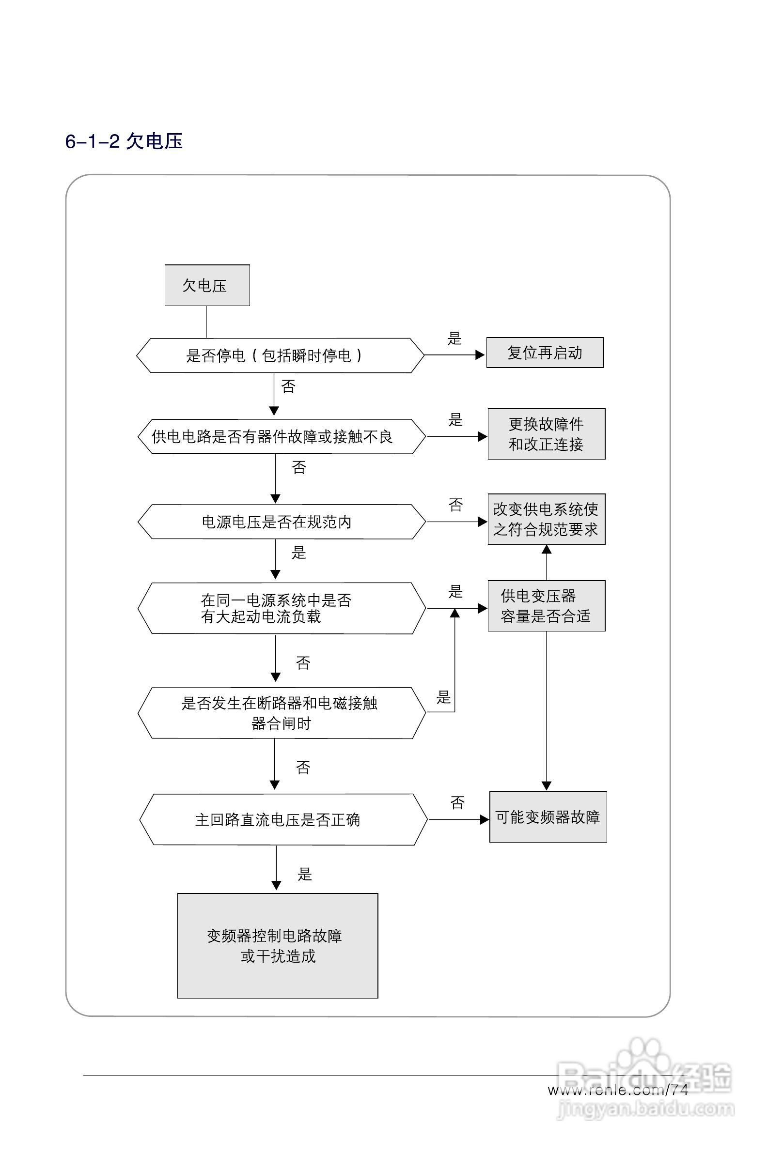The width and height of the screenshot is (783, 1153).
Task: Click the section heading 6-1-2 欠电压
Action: pyautogui.click(x=124, y=141)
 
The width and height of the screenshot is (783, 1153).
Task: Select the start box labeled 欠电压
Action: pyautogui.click(x=207, y=285)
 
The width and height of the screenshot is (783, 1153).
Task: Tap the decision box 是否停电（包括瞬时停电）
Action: pyautogui.click(x=280, y=355)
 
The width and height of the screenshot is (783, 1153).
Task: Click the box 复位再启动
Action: pyautogui.click(x=545, y=353)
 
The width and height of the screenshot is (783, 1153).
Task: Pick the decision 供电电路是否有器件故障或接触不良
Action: pyautogui.click(x=281, y=437)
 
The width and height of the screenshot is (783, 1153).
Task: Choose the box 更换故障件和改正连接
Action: pyautogui.click(x=546, y=434)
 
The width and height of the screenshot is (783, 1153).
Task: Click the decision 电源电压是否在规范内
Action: pyautogui.click(x=281, y=522)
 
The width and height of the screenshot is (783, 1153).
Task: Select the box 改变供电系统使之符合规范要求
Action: pyautogui.click(x=546, y=520)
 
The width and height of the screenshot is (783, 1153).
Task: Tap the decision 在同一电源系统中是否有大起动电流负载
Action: pyautogui.click(x=281, y=608)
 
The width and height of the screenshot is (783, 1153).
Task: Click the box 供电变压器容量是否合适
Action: pyautogui.click(x=546, y=606)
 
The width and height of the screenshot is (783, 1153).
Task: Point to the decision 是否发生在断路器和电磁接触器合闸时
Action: pyautogui.click(x=281, y=713)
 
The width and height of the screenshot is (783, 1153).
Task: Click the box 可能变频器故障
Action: pyautogui.click(x=548, y=817)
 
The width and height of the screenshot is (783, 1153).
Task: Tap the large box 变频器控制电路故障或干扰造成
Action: pyautogui.click(x=278, y=946)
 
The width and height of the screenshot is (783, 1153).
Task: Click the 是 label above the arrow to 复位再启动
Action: pyautogui.click(x=454, y=339)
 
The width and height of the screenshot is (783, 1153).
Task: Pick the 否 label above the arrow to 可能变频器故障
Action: pyautogui.click(x=457, y=803)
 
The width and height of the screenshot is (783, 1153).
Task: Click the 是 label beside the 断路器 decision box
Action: pyautogui.click(x=443, y=697)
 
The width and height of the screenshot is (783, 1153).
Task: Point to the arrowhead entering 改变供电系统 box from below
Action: pyautogui.click(x=547, y=549)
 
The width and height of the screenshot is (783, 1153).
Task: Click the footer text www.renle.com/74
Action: pyautogui.click(x=618, y=1090)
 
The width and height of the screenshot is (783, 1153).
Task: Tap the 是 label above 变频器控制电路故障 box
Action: pyautogui.click(x=304, y=874)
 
